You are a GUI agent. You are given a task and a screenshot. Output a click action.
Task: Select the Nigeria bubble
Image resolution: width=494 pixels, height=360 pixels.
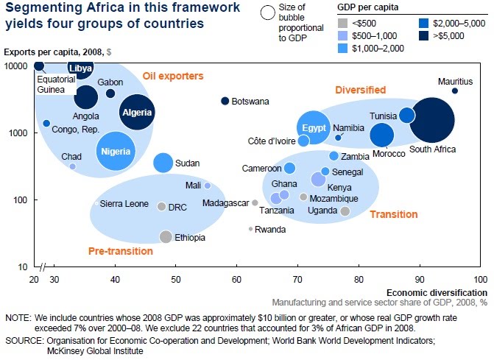(x=114, y=151)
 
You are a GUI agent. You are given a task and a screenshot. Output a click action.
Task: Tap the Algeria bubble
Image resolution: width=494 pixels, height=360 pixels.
(x=138, y=113)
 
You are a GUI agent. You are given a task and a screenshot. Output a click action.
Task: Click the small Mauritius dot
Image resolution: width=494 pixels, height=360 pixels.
(x=455, y=91)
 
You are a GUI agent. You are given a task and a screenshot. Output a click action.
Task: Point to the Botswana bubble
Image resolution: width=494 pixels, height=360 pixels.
(x=225, y=101)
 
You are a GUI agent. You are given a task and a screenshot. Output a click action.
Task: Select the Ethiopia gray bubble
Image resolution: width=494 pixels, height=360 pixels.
(x=166, y=237)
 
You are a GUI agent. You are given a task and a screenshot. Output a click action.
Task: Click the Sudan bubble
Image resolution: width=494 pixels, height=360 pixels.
(x=163, y=163)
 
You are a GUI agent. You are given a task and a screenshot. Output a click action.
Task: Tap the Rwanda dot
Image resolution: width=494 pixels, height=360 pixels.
(x=250, y=229)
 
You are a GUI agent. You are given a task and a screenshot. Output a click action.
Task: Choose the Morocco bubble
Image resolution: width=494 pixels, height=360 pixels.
(x=381, y=135)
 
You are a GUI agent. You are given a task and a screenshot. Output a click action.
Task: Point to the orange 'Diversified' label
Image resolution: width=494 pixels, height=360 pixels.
(x=361, y=90)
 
